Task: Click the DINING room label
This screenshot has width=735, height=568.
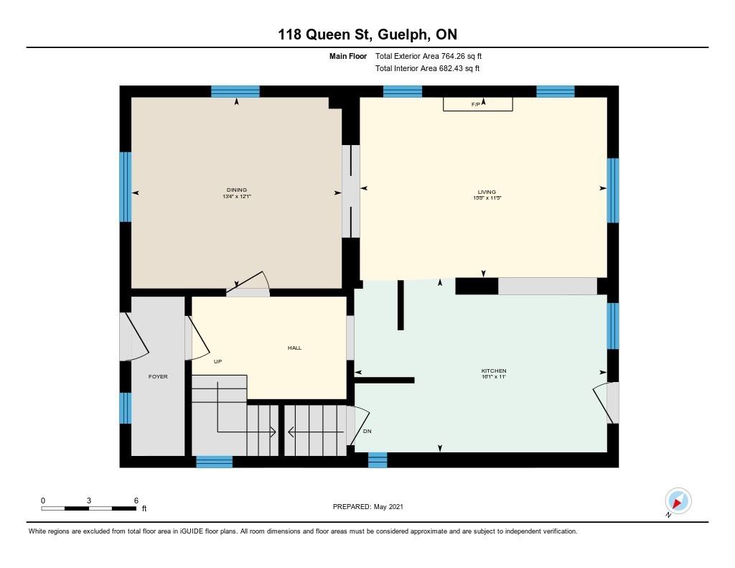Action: (236, 190)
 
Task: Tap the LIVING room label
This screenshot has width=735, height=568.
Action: (487, 192)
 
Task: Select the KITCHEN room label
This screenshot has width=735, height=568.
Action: (494, 371)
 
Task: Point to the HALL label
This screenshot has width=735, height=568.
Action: (294, 348)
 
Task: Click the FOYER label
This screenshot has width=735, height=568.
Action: (158, 376)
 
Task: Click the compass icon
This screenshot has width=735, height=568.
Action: (678, 501)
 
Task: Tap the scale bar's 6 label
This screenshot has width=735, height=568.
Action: (136, 500)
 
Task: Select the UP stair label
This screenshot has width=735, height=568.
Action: (217, 361)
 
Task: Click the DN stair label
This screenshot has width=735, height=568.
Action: (367, 431)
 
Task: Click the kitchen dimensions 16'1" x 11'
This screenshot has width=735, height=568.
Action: (494, 377)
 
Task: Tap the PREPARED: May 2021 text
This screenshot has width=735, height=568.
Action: (368, 506)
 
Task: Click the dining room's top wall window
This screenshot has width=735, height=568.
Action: (235, 91)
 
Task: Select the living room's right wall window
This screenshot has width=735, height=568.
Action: (613, 190)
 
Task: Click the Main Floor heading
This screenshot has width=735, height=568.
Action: (348, 56)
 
